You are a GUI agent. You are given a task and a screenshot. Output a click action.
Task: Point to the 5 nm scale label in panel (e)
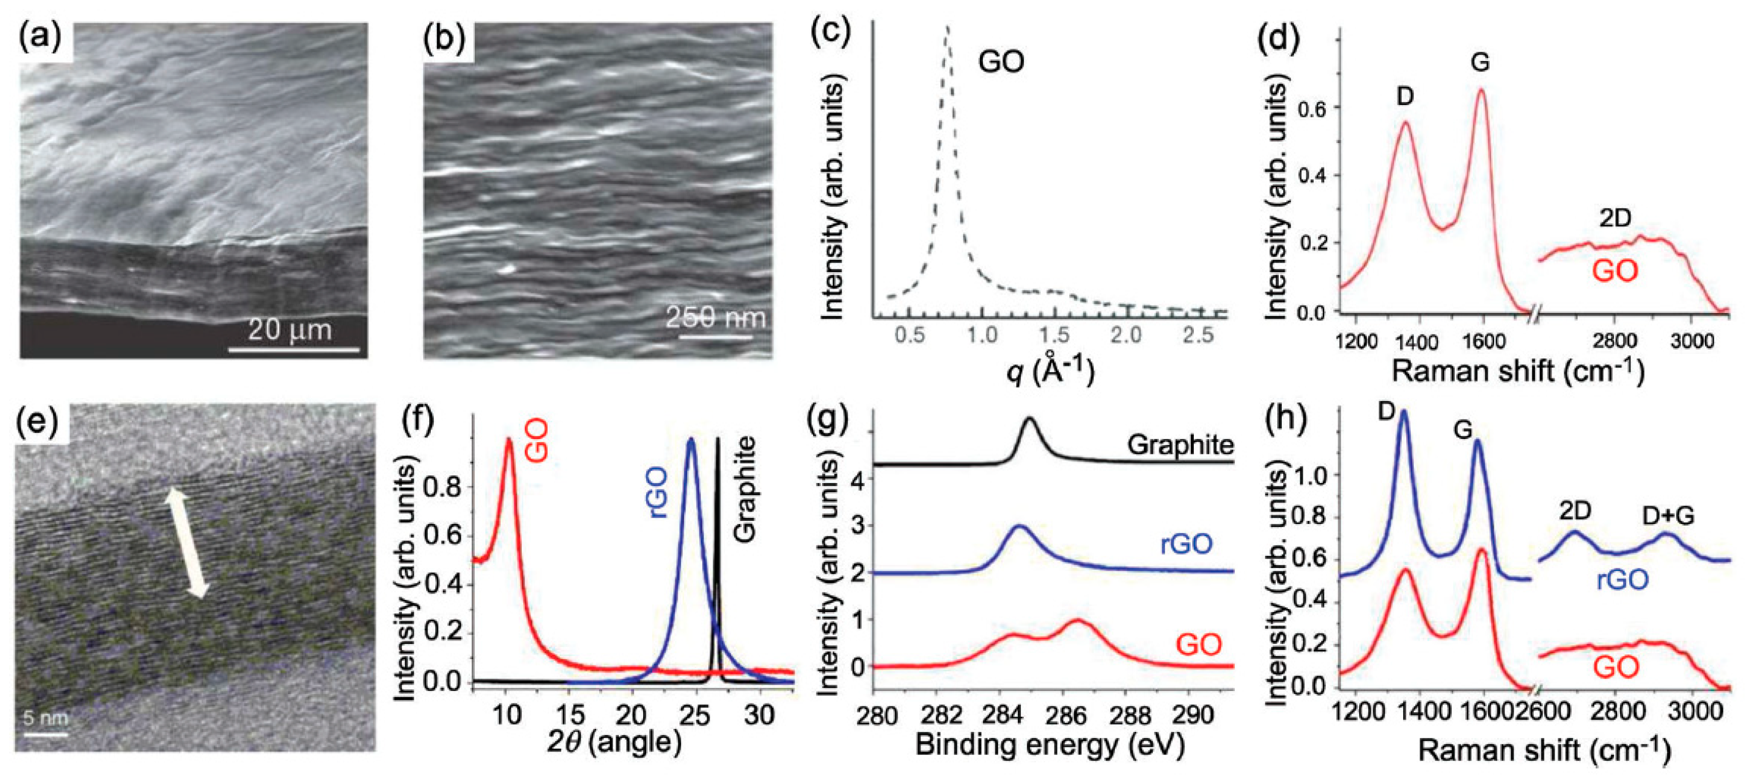45,717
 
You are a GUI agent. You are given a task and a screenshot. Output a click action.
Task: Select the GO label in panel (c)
1001,62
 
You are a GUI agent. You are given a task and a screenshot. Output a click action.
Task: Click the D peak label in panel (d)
1405,97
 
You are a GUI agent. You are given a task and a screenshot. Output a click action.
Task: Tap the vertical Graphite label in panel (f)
746,489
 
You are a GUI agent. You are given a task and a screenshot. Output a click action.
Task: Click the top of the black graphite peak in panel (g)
1029,419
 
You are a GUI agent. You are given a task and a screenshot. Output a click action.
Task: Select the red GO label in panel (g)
1199,644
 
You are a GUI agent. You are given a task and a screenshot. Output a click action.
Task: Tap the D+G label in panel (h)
1668,516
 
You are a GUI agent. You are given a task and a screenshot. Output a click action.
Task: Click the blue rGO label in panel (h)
1622,579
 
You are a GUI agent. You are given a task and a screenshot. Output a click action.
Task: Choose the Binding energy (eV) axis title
1050,744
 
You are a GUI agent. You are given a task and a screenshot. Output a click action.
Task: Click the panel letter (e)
41,421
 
